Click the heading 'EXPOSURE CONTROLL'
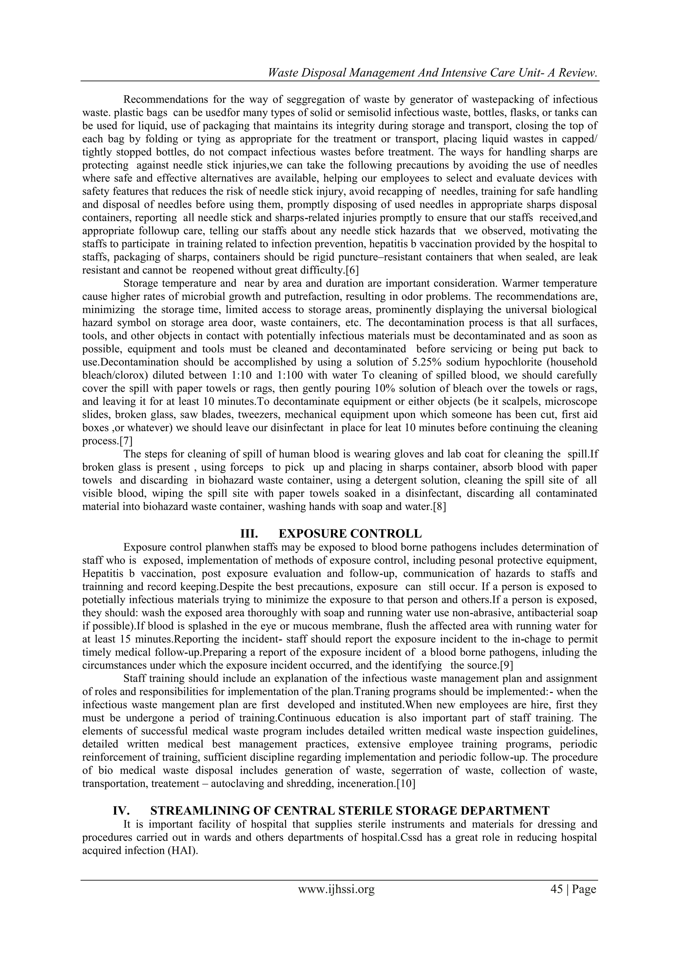350,534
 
